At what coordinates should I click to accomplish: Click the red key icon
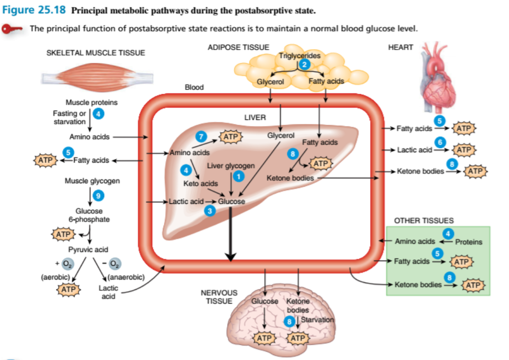(x=12, y=29)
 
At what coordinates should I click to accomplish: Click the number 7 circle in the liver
(x=200, y=136)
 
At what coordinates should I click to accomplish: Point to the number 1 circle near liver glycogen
(x=239, y=176)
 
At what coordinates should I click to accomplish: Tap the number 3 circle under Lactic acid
(x=210, y=210)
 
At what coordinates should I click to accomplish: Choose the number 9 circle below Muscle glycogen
(x=99, y=195)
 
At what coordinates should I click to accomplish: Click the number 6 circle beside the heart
(x=441, y=141)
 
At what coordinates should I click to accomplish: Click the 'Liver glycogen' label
(x=231, y=166)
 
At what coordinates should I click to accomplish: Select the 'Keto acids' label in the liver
(x=200, y=183)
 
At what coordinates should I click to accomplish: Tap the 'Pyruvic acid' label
(x=88, y=249)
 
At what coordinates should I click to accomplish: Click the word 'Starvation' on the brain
(x=317, y=319)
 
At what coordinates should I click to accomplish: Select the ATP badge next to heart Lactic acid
(x=464, y=149)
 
